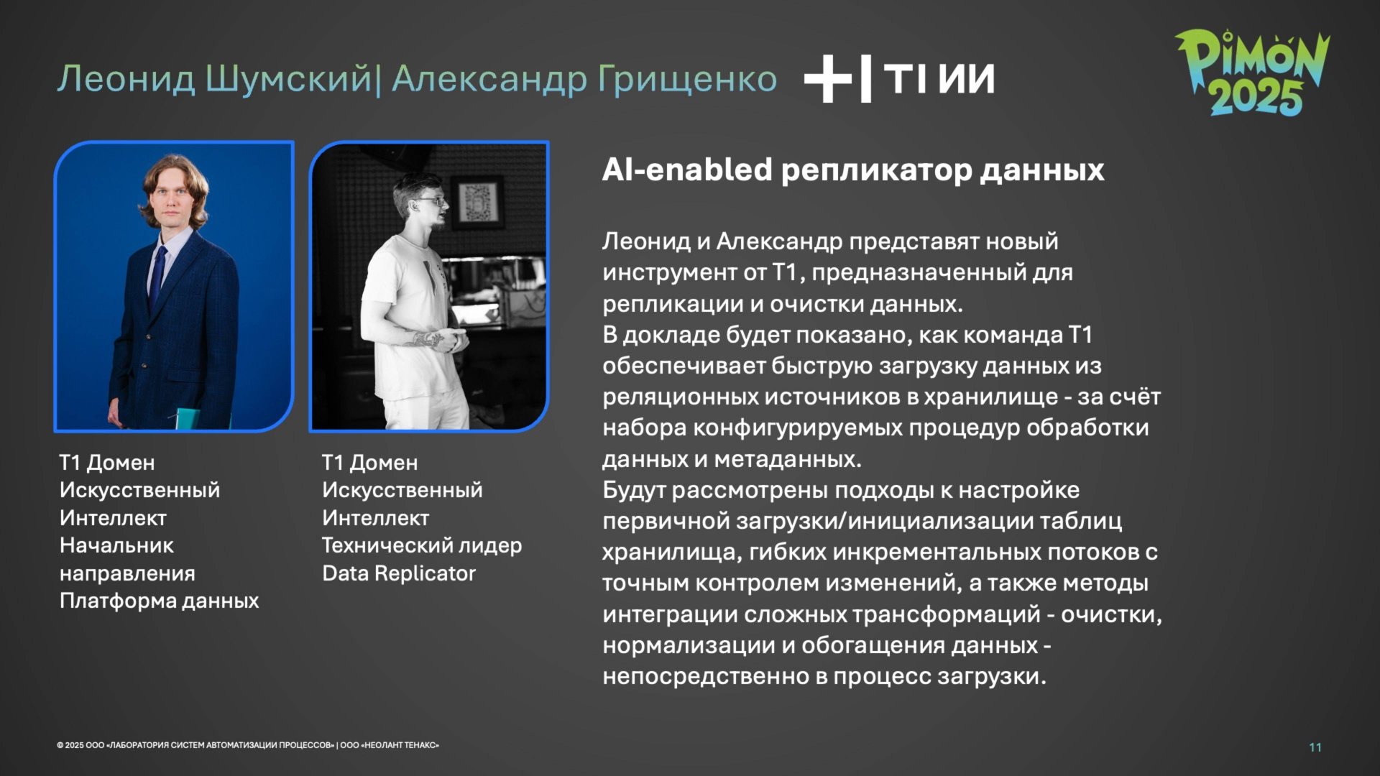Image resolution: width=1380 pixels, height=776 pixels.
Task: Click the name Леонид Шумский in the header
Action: (x=214, y=78)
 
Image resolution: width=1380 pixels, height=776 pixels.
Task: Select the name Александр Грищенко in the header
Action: (x=584, y=78)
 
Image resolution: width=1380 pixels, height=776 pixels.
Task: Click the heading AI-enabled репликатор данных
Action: (x=852, y=170)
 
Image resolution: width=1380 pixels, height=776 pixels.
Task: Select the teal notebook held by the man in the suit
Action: (x=188, y=419)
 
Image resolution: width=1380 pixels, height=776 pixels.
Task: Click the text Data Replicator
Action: (x=399, y=573)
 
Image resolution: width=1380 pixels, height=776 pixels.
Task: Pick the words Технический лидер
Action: (x=421, y=545)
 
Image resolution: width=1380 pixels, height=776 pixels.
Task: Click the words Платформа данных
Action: (x=159, y=601)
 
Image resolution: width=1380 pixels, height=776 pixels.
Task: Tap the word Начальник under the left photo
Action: (x=116, y=545)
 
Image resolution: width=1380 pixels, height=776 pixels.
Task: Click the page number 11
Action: (x=1315, y=747)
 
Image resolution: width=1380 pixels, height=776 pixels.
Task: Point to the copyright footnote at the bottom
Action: (x=247, y=745)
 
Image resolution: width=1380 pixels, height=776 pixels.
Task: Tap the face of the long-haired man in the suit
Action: (x=173, y=205)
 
